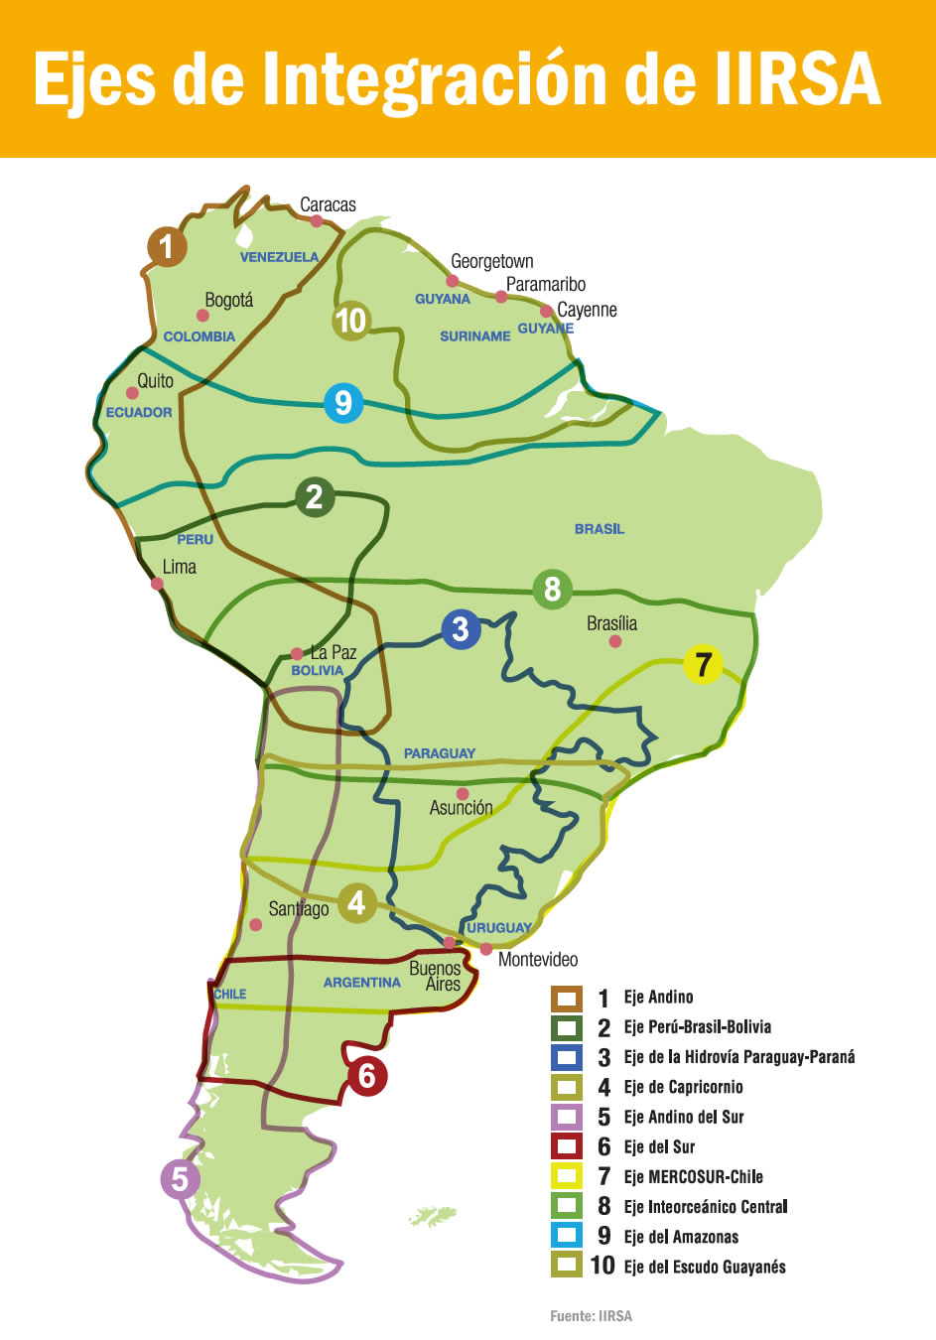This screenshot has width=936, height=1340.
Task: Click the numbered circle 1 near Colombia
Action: click(167, 246)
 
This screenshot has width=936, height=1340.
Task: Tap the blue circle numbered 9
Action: click(343, 403)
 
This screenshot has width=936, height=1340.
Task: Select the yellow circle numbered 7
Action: click(703, 664)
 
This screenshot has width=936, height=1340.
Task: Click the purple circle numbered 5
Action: click(180, 1179)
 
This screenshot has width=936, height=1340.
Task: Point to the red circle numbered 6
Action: click(366, 1075)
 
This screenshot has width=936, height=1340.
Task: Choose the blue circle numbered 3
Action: click(460, 629)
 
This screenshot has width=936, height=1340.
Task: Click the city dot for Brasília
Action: click(615, 641)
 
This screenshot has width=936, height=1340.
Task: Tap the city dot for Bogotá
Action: click(202, 316)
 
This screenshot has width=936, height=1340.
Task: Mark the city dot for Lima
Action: click(157, 584)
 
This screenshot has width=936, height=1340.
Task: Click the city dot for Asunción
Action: click(463, 794)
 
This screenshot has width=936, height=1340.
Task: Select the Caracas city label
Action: click(328, 204)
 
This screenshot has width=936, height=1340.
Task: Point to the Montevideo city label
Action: click(538, 960)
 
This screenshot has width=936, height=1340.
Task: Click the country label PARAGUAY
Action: click(440, 753)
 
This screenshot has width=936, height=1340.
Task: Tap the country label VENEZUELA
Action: click(279, 257)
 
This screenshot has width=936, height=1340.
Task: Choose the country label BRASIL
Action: click(600, 529)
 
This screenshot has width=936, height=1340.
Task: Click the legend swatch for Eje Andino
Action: click(567, 998)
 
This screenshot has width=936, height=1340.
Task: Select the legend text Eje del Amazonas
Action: click(681, 1237)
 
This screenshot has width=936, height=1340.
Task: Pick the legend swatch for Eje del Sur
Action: click(567, 1146)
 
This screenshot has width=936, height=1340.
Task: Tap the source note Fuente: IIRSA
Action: click(591, 1316)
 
